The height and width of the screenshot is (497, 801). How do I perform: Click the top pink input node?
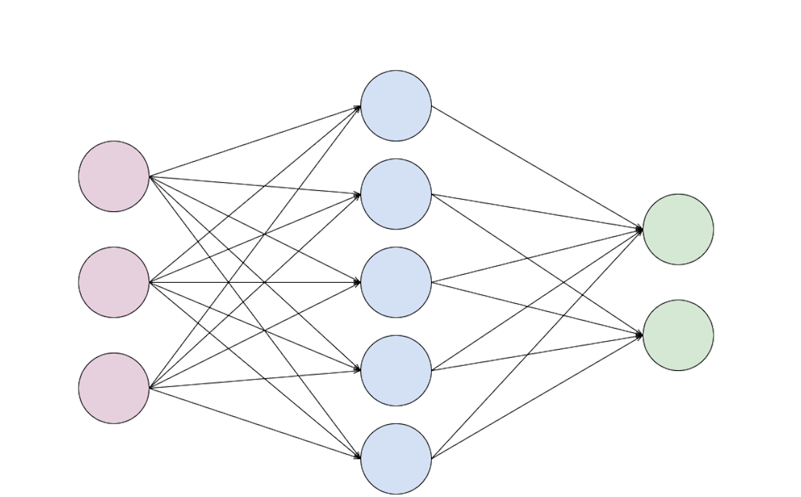(x=114, y=176)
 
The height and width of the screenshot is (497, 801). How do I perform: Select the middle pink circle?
(x=114, y=282)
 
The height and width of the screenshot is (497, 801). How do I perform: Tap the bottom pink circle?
(x=114, y=388)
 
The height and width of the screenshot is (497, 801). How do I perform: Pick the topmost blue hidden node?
(x=396, y=106)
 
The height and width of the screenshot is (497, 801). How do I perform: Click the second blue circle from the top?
(x=396, y=194)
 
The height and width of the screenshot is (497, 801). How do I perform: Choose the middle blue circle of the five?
(x=396, y=282)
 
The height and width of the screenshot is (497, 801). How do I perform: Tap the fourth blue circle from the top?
(x=396, y=370)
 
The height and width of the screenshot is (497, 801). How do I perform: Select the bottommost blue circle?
(x=396, y=458)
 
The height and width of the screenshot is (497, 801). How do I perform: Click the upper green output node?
(x=678, y=229)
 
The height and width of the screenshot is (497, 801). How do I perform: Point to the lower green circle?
(x=678, y=335)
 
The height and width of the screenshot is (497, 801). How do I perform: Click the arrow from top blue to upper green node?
(x=537, y=168)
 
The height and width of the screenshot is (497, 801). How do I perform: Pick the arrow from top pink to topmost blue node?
(x=255, y=141)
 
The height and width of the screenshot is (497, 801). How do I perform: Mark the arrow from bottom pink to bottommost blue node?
(x=255, y=423)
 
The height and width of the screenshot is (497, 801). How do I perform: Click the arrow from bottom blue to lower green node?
(x=537, y=397)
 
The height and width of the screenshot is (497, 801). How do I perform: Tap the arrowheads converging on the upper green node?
(x=639, y=230)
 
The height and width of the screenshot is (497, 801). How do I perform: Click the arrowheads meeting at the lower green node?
(x=639, y=335)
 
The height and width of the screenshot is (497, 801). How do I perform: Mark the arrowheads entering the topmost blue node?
(x=356, y=107)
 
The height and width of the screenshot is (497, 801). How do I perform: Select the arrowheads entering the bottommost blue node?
(x=356, y=457)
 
